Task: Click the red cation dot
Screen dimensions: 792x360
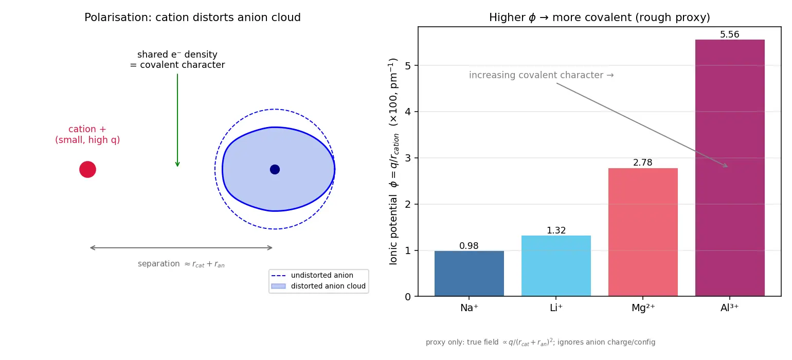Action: coord(87,169)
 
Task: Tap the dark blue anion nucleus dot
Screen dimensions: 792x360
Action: coord(275,169)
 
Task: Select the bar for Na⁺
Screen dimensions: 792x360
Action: coord(469,274)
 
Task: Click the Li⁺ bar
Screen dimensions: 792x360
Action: coord(556,265)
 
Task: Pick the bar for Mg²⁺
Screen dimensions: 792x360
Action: coord(643,232)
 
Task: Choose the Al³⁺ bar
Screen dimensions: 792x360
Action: coord(730,168)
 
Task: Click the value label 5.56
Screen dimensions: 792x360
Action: coord(730,34)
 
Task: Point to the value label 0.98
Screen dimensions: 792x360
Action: coord(469,245)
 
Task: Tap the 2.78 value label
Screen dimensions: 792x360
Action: coord(643,163)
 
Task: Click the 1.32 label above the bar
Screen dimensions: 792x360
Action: coord(556,230)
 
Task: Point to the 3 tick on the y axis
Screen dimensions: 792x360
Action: coord(408,158)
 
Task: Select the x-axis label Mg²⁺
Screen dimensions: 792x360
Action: coord(643,308)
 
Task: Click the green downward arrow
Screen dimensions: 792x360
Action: coord(177,120)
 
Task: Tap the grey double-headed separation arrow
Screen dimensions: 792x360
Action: coord(181,247)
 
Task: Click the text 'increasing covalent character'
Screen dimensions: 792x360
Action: coord(536,75)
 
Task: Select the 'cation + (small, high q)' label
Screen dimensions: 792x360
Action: coord(87,134)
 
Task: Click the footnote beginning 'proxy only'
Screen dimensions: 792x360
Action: coord(540,342)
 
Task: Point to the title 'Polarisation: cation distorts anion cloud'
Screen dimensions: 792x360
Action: coord(192,17)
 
